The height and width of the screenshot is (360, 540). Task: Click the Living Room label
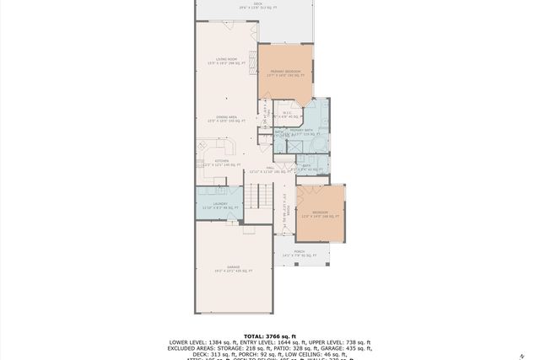[x=226, y=61]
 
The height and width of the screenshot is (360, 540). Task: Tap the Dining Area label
[x=226, y=119]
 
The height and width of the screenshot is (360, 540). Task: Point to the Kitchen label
[x=222, y=163]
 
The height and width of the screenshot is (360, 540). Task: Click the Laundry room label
[x=221, y=205]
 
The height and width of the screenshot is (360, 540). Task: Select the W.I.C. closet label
[x=287, y=115]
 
